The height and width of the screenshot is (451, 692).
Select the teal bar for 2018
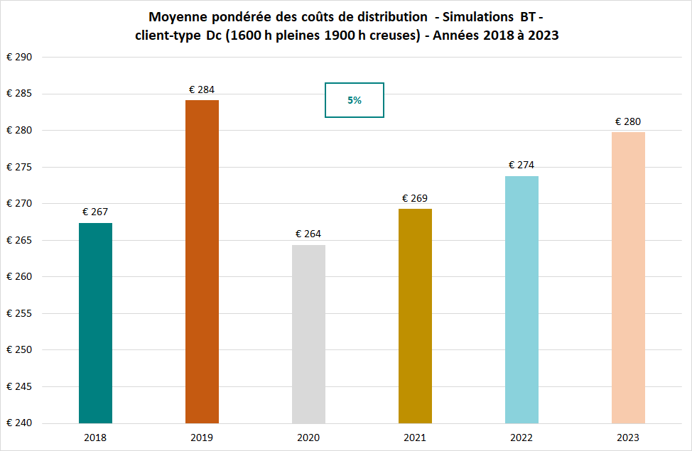click(95, 323)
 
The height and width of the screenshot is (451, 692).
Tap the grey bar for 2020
click(308, 334)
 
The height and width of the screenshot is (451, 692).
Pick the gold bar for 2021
click(415, 316)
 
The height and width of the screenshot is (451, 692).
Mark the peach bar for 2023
click(628, 278)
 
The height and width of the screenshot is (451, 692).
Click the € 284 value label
click(202, 90)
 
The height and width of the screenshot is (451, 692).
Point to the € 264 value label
click(308, 234)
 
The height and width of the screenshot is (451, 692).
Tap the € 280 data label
click(628, 121)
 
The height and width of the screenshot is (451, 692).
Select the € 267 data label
click(95, 212)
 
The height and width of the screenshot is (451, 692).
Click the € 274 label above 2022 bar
click(521, 165)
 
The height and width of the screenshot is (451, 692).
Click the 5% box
click(355, 100)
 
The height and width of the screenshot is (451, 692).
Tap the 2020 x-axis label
click(308, 438)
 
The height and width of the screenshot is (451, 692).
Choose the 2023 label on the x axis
click(628, 438)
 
